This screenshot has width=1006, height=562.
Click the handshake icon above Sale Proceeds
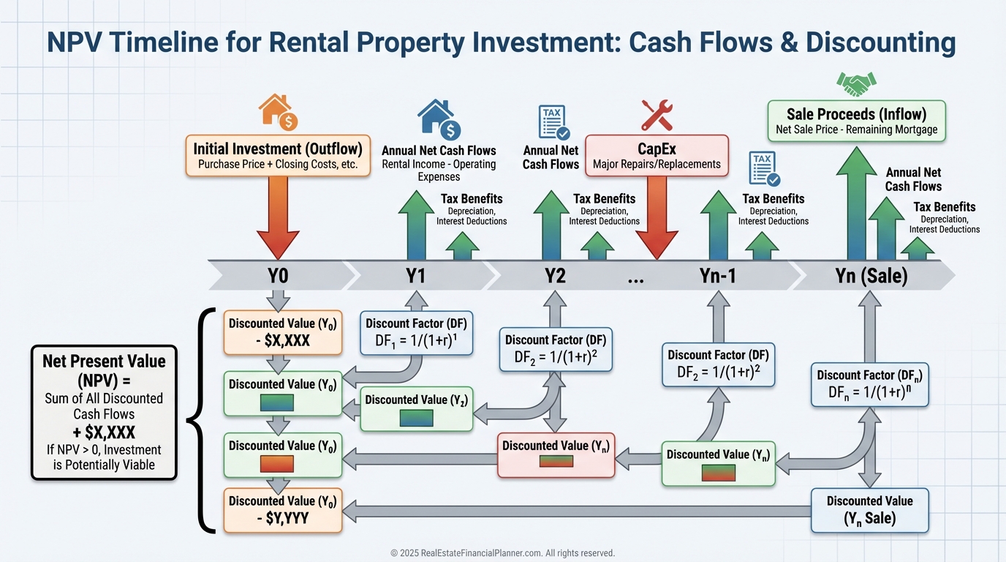tap(856, 84)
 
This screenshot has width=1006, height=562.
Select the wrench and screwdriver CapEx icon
tap(656, 115)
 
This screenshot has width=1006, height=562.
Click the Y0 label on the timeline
tap(278, 276)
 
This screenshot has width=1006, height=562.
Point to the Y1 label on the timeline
tap(416, 276)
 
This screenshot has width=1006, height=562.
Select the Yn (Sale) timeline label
tap(871, 276)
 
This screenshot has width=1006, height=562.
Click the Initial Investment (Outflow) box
tap(278, 155)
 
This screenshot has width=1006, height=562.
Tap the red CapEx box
tap(657, 156)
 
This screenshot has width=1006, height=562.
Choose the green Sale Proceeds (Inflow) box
tap(856, 121)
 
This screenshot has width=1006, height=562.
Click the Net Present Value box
tap(104, 412)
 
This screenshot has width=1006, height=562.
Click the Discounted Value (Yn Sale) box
tap(869, 510)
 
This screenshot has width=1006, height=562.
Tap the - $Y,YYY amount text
tap(281, 518)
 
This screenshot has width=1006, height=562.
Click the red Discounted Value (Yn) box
tap(556, 454)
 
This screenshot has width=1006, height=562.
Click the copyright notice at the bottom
tap(502, 553)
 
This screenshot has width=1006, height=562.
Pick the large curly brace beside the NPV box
tap(197, 421)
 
